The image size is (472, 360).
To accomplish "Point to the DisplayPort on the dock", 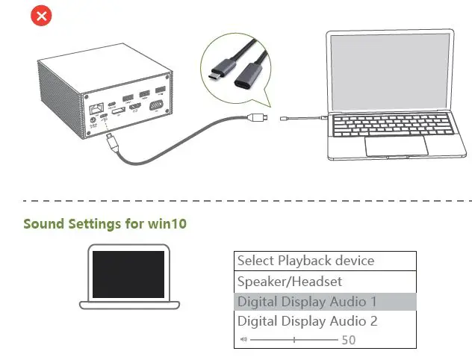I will (118, 111).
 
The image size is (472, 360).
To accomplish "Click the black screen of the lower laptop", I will (128, 274).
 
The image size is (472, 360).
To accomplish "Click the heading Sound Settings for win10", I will (105, 223).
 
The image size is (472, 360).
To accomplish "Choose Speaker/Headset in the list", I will (290, 282).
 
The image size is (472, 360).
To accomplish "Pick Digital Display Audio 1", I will (307, 302).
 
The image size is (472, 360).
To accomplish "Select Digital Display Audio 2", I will (307, 321).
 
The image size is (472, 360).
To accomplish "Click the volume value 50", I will (348, 340).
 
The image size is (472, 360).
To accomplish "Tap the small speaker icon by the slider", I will (243, 339).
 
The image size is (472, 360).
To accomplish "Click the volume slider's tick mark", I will (294, 339).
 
